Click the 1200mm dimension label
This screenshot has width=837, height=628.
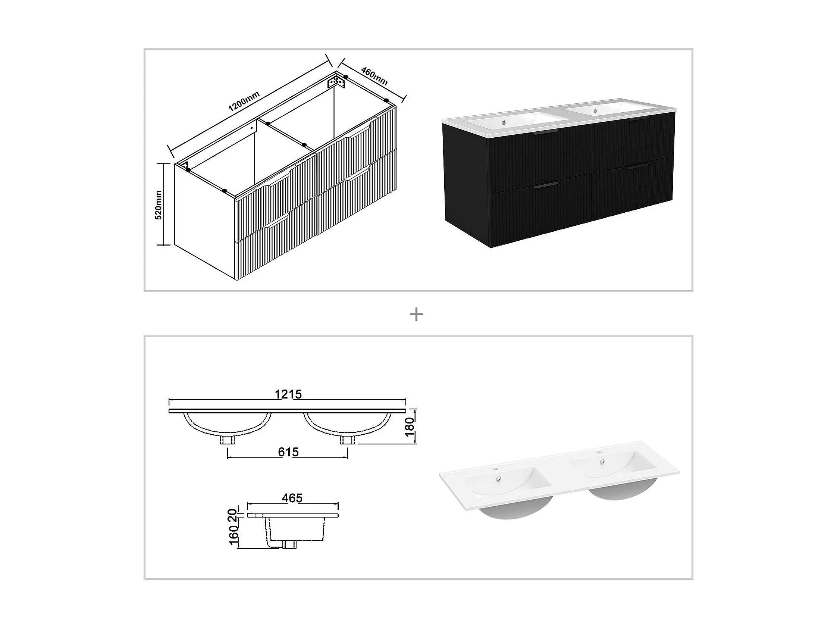(x=244, y=101)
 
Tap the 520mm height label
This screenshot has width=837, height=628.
(x=159, y=205)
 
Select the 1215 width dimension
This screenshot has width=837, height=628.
(x=288, y=394)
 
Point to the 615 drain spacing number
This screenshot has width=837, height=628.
(x=288, y=452)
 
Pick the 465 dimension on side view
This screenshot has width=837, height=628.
(x=292, y=498)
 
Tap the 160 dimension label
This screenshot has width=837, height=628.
(x=233, y=534)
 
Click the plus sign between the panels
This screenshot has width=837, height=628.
(x=417, y=315)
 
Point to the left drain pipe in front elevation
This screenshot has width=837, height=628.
(x=228, y=440)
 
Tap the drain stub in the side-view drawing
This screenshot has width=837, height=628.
(x=290, y=544)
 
